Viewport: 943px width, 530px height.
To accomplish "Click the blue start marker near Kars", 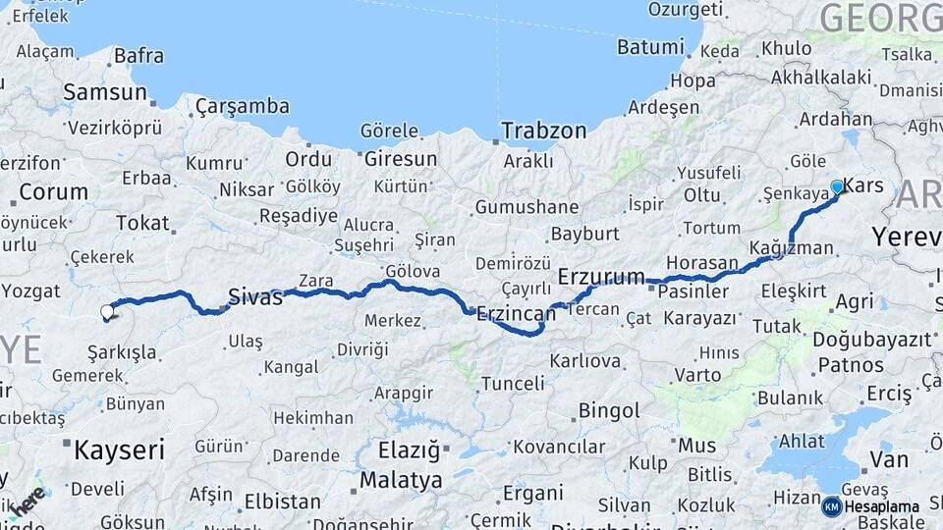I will (x=837, y=186).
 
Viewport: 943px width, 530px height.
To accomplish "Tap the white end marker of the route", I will (x=107, y=312).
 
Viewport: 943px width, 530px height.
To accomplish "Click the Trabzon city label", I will (x=543, y=130).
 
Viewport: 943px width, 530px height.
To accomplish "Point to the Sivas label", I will (x=255, y=296).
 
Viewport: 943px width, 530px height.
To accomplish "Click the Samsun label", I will (x=104, y=91).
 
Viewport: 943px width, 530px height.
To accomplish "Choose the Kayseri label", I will (x=119, y=450).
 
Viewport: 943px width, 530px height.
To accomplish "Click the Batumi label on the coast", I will (x=649, y=46).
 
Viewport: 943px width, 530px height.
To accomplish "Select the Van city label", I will (x=888, y=458).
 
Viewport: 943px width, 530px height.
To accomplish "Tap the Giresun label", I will (x=401, y=158).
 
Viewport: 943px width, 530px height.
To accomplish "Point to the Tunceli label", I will (x=512, y=383).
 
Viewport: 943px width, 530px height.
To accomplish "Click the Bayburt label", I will (x=585, y=234).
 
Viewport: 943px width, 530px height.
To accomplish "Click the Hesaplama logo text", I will (x=882, y=506).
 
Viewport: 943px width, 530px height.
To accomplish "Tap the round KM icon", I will (x=831, y=506).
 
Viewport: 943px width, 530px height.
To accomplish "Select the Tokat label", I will (x=142, y=223).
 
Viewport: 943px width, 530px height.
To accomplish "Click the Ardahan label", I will (x=835, y=119).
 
